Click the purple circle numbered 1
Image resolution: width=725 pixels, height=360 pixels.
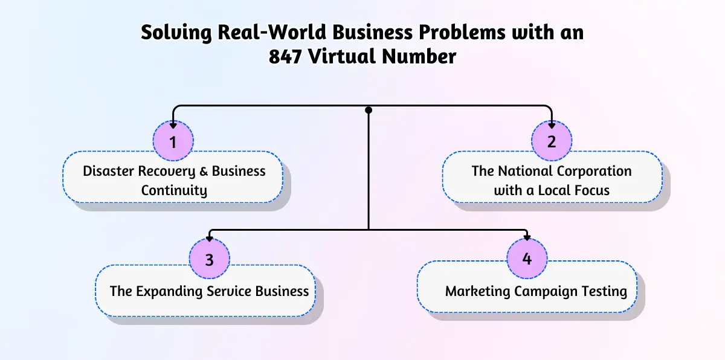[x=173, y=142]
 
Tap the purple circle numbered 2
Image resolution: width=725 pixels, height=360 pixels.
[x=551, y=142]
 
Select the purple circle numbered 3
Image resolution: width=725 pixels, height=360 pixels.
[x=209, y=260]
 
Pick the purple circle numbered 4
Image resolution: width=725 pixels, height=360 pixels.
[x=527, y=259]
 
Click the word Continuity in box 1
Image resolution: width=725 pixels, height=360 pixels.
[x=174, y=191]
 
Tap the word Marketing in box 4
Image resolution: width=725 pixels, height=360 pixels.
[x=478, y=291]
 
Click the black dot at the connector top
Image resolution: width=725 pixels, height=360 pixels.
[x=369, y=110]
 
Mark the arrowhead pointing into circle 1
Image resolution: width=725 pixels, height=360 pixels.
[x=173, y=125]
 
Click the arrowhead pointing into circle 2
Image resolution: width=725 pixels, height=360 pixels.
[x=552, y=125]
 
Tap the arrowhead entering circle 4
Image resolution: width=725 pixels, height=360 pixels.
[x=527, y=237]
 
